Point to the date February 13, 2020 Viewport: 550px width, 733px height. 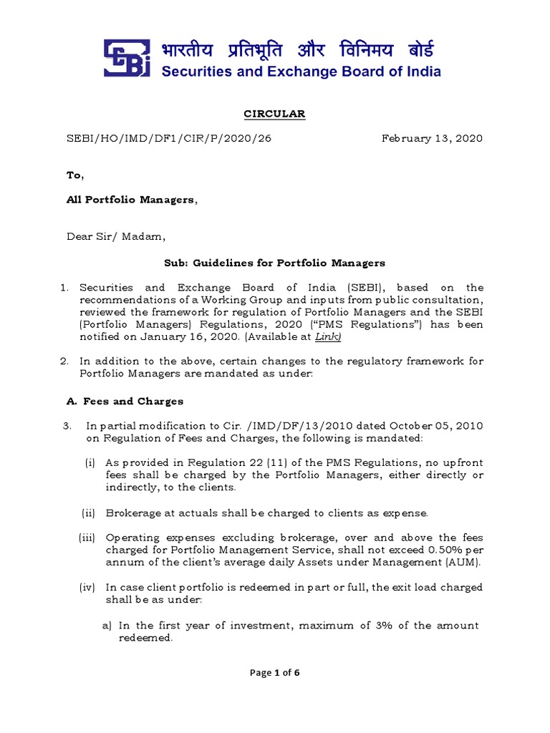click(x=433, y=138)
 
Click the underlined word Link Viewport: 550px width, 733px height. click(x=329, y=336)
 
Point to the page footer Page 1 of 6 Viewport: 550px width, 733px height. click(x=274, y=672)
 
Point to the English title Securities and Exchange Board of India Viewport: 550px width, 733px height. click(x=301, y=71)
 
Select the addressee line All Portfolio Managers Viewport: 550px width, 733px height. click(x=131, y=200)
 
